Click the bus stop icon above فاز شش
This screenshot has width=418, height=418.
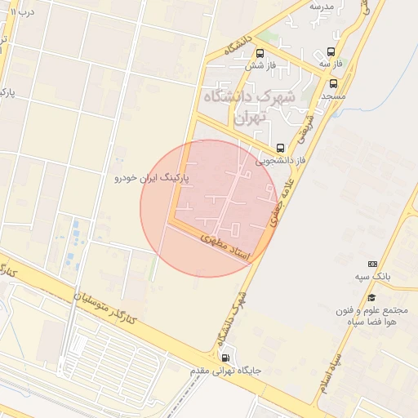pos(260,53)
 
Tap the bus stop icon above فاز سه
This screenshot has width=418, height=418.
pos(330,51)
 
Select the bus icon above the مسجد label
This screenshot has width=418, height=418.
pos(333,83)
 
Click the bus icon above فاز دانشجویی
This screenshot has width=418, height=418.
pos(281,148)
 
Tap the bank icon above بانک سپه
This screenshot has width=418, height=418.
pos(373,264)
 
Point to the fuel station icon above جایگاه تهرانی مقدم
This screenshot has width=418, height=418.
pos(225,357)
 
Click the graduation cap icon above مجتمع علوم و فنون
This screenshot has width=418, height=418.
pos(372,297)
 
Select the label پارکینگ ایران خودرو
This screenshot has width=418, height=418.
pos(151,176)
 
